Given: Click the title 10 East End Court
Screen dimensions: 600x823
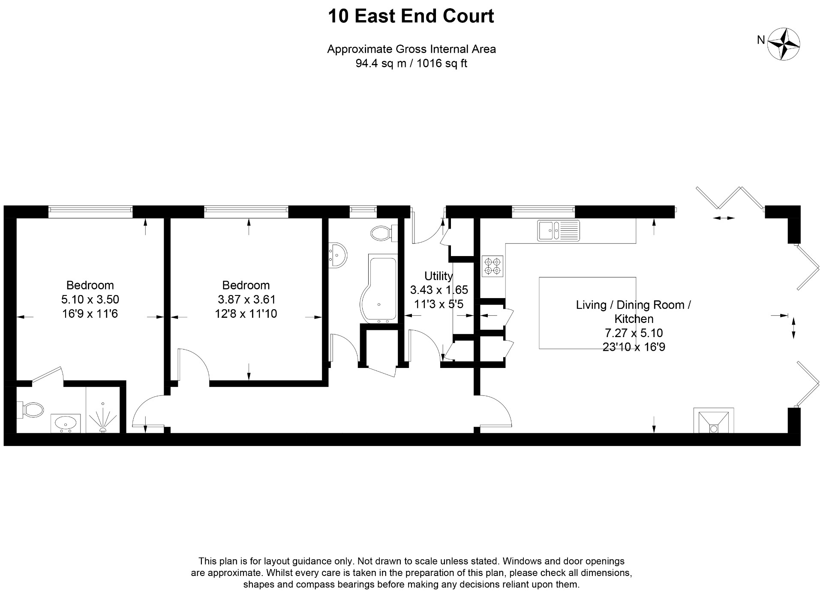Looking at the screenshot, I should tap(411, 16).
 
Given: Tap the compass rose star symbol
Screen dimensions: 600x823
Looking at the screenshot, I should tap(784, 44).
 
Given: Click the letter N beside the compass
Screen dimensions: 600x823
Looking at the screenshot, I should tap(761, 40).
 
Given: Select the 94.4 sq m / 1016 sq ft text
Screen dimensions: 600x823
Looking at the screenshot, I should tap(411, 64).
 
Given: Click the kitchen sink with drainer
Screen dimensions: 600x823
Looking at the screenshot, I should tap(558, 231).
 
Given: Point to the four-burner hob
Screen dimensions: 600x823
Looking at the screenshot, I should tap(492, 266).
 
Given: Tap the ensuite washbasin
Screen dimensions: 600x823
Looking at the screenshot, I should tap(66, 423).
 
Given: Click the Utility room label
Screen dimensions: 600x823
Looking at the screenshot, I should tap(438, 276).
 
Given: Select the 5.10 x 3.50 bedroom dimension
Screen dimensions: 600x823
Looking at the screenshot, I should tap(90, 299).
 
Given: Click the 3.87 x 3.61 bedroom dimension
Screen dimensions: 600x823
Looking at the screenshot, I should tap(246, 299).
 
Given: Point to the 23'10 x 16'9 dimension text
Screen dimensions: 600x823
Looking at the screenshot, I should tap(634, 347).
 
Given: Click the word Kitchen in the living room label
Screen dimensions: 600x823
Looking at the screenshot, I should tap(634, 319).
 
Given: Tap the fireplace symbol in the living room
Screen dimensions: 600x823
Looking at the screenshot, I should tap(714, 421).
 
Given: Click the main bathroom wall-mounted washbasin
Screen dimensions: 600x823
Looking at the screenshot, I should tap(338, 256).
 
